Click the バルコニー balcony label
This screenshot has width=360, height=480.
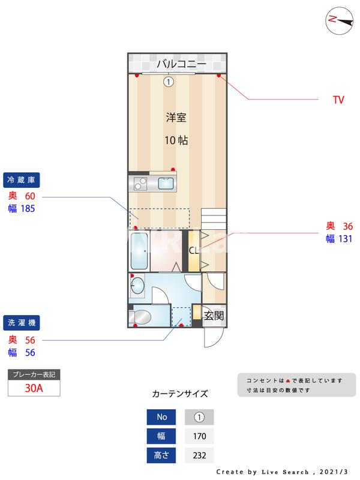(x=181, y=64)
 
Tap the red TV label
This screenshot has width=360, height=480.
(x=338, y=100)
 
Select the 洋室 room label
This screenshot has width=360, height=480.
(x=176, y=118)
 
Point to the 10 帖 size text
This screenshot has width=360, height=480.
(x=176, y=141)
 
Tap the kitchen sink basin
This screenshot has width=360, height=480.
(x=166, y=184)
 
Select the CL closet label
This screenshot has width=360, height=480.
(x=194, y=251)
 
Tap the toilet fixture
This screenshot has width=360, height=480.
(x=142, y=316)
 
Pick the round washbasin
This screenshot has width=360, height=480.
(x=137, y=286)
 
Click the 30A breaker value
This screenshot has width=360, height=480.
(x=34, y=388)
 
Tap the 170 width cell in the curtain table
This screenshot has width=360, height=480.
(x=199, y=436)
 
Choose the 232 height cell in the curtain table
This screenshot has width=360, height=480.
(x=199, y=455)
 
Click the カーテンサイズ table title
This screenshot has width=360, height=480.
(x=180, y=394)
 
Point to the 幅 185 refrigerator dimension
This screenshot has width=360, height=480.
(x=22, y=209)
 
